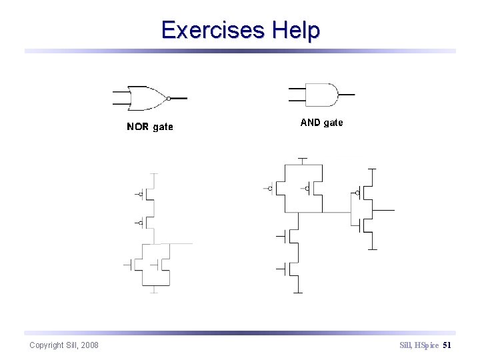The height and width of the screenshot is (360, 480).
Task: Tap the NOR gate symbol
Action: [149, 98]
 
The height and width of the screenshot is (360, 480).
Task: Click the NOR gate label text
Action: [149, 127]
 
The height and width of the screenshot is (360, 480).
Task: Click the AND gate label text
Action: [321, 123]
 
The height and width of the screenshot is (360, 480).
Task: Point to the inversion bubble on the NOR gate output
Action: [169, 98]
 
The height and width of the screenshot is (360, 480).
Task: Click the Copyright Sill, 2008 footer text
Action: [64, 345]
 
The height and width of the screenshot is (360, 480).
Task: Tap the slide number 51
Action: [447, 345]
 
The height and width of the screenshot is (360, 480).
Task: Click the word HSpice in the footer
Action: [426, 345]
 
